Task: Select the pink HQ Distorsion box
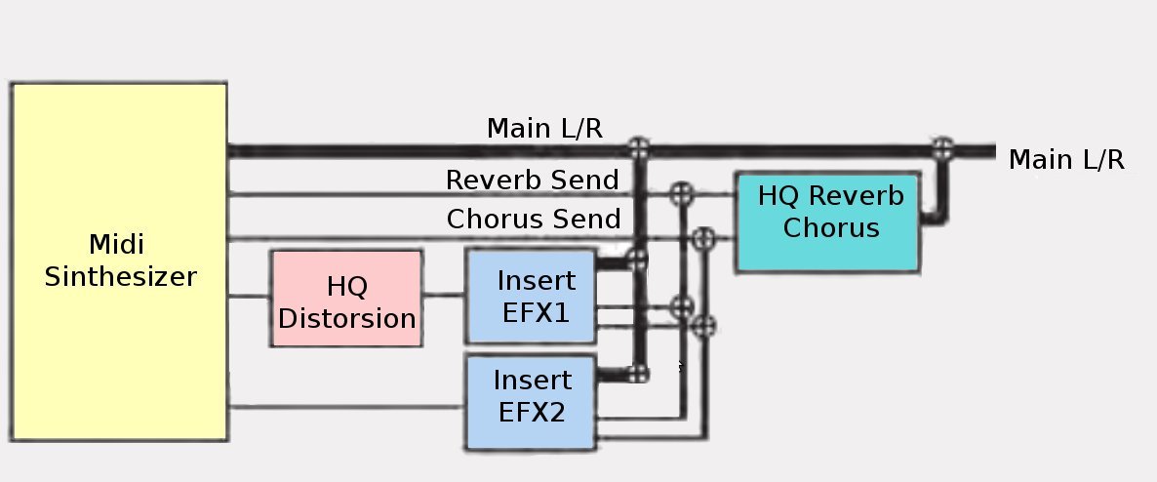tap(346, 299)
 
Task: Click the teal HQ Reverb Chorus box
tap(826, 222)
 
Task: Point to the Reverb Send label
tap(532, 181)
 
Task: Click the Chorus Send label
tap(533, 219)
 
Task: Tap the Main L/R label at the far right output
tap(1066, 160)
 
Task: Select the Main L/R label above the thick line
tap(544, 128)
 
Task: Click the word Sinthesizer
tap(120, 276)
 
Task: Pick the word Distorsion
tap(347, 318)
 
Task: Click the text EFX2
tap(533, 411)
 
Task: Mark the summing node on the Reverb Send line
tap(681, 194)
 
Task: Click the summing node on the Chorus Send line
tap(703, 237)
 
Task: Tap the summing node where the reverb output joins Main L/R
tap(942, 148)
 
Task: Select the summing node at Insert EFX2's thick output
tap(639, 373)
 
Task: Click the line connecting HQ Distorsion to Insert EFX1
tap(443, 296)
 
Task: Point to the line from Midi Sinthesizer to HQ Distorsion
tap(249, 296)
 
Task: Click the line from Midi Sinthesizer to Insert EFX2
tap(346, 407)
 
